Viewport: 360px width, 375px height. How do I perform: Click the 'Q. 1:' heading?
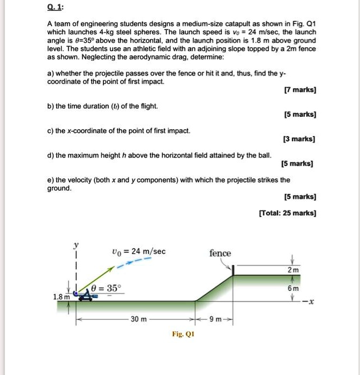pos(55,7)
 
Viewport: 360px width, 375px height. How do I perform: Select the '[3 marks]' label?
pos(301,139)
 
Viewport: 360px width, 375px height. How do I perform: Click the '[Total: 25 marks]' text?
pos(288,213)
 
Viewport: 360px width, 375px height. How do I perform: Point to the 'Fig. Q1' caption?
pos(184,334)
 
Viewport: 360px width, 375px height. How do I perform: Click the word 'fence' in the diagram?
pos(220,253)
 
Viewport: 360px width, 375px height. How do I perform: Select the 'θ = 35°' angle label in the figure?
pos(107,288)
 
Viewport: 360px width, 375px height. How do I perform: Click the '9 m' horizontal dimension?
pos(214,319)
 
